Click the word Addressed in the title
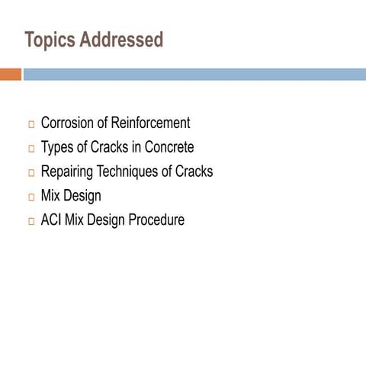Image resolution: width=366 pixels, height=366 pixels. (121, 40)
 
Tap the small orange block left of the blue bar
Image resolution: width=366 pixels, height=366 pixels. (10, 74)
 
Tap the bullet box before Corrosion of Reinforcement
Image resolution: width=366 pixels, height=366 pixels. (31, 124)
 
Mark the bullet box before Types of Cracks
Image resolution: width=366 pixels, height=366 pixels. (31, 149)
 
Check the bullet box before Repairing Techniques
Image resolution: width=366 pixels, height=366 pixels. (31, 173)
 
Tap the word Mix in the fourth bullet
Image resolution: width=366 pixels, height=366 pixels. (50, 196)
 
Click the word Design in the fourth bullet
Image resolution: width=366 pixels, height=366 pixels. (82, 196)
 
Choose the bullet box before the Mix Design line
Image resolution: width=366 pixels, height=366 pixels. (31, 197)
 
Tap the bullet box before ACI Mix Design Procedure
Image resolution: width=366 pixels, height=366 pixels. (31, 222)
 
